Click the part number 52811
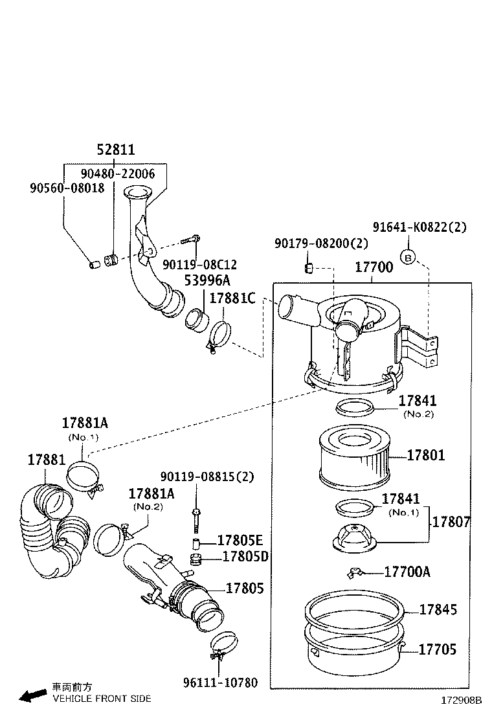coord(116,150)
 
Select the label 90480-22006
coord(118,174)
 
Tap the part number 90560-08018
coord(67,188)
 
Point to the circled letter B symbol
coord(408,257)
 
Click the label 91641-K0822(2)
coord(419,227)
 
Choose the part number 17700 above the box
coord(374,267)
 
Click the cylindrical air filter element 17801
coord(354,460)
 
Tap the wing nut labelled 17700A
coord(355,572)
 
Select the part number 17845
coord(438,609)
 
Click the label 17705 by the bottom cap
coord(437,649)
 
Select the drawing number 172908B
coord(462,701)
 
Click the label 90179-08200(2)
coord(321,243)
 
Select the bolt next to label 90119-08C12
coord(189,240)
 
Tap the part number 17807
coord(451,522)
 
